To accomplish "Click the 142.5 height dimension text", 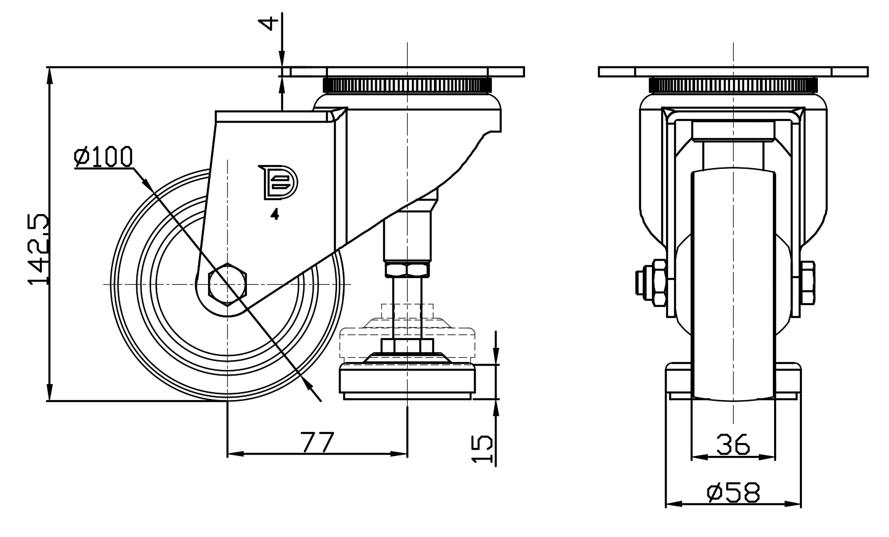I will point(38,249).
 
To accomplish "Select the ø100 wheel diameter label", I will point(103,157).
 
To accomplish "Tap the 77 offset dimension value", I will point(317,442).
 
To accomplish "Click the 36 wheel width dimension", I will point(733,444).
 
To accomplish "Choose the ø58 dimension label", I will point(733,492).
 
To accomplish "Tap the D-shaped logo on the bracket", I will point(277,182).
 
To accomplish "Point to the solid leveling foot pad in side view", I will point(408,380).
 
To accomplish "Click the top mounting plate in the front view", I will point(733,72).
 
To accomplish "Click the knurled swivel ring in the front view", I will point(733,85).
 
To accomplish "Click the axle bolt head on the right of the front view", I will point(808,284).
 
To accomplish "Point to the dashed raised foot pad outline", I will point(408,341).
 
